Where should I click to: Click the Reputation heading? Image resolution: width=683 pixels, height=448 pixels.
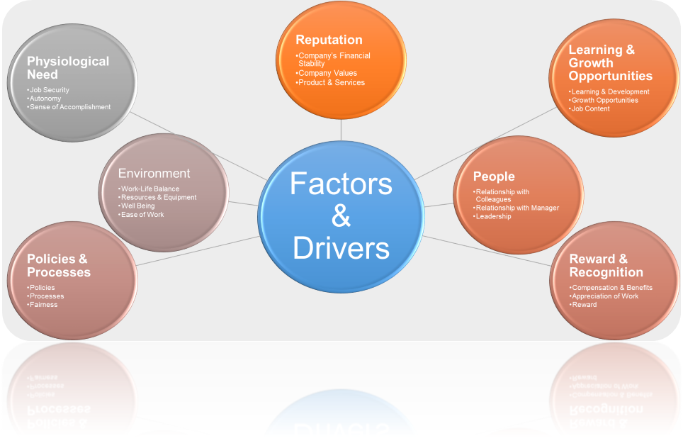329,40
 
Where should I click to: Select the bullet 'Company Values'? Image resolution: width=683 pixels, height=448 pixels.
326,73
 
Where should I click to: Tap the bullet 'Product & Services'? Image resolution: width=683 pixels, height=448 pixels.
330,82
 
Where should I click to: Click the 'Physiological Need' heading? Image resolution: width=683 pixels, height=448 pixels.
68,67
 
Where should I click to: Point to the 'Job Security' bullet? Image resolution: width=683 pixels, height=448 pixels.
48,90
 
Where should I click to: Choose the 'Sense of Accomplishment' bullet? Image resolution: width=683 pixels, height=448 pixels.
69,107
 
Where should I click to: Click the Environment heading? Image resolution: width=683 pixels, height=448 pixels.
154,174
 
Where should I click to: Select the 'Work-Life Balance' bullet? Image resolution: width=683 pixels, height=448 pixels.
149,189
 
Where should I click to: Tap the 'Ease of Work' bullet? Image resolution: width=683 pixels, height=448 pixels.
141,214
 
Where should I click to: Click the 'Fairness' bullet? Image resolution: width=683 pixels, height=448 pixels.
43,305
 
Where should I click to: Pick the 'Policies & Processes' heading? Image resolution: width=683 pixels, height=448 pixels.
59,265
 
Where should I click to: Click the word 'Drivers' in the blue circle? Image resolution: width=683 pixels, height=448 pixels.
341,248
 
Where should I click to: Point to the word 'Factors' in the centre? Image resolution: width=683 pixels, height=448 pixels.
341,184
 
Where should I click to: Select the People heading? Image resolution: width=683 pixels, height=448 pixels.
494,177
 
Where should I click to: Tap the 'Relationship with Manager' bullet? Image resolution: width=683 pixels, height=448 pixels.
517,208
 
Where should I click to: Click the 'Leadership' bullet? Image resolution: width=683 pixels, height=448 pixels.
492,216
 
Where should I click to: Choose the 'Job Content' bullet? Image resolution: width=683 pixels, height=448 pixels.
589,108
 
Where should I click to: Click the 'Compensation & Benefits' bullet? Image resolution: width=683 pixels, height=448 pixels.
611,288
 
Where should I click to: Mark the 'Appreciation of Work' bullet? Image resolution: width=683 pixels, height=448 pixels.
604,296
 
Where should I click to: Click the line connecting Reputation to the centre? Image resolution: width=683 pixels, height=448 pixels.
341,130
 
